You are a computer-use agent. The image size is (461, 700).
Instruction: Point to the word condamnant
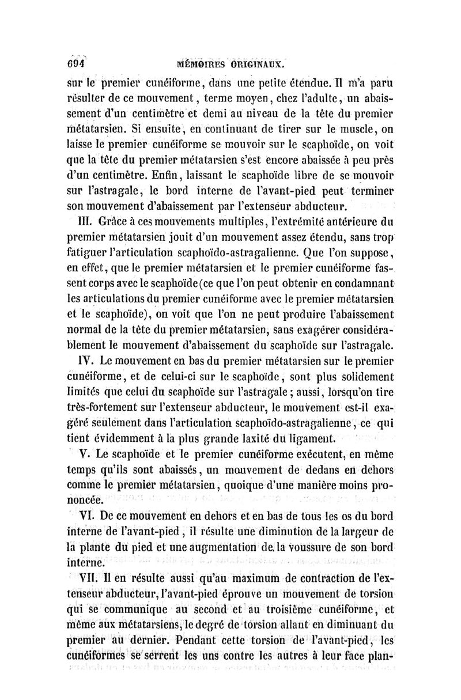(357, 283)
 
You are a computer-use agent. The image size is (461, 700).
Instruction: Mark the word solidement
(356, 377)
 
